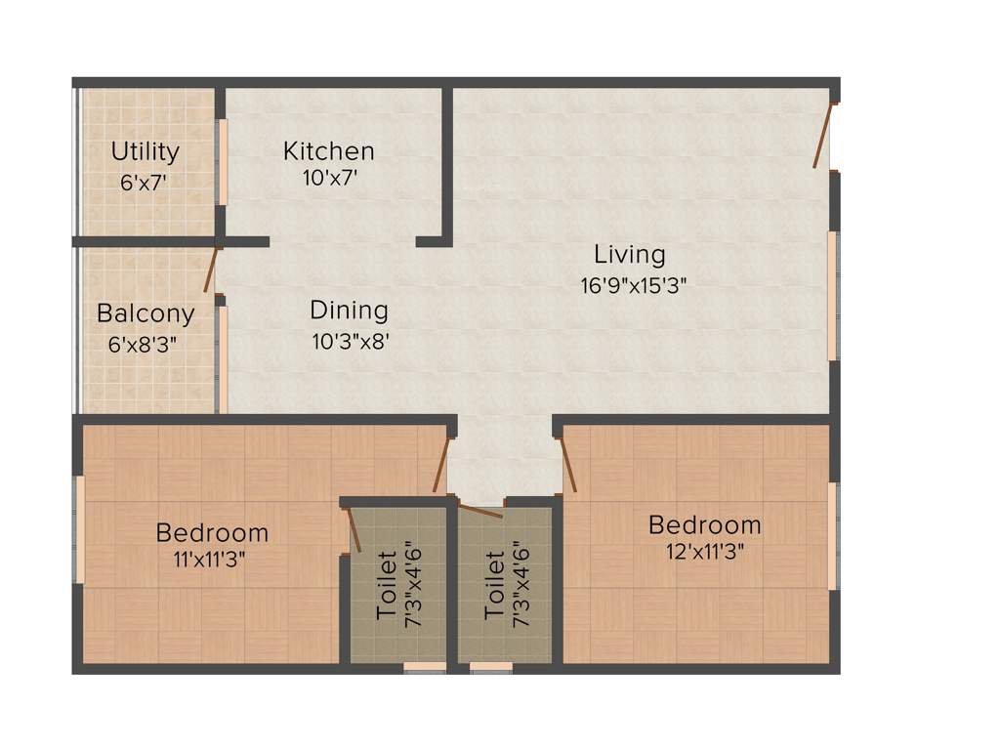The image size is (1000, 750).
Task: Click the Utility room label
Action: (x=145, y=152)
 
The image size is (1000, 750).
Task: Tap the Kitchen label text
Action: (x=328, y=151)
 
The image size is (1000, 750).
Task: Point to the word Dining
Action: (x=349, y=311)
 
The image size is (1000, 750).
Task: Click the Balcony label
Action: (x=145, y=314)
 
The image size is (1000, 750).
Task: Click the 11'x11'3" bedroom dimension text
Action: (x=212, y=561)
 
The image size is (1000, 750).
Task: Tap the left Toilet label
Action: (x=387, y=585)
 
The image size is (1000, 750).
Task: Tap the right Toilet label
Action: (x=495, y=585)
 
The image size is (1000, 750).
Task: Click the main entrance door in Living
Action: (x=822, y=134)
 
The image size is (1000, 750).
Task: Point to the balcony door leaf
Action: (x=210, y=270)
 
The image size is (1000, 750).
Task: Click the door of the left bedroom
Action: (x=441, y=465)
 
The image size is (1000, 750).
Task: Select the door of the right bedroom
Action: (x=567, y=464)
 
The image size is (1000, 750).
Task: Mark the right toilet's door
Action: (x=479, y=510)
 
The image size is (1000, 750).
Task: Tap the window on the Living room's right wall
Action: (x=832, y=296)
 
